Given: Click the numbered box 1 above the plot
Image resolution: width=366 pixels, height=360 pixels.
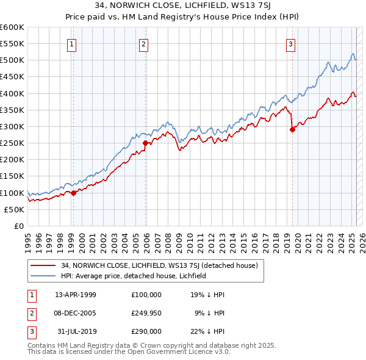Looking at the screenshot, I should click(72, 44).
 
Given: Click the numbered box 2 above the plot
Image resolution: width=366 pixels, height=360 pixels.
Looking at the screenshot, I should click(143, 44).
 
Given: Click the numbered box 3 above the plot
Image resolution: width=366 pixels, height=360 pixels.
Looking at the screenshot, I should click(290, 44).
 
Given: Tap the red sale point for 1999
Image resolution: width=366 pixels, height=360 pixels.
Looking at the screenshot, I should click(73, 193).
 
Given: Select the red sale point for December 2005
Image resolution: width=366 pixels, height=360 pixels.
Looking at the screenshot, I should click(145, 143).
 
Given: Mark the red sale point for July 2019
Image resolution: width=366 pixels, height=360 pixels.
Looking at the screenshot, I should click(292, 129).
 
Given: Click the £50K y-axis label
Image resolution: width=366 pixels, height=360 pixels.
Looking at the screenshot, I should click(15, 209).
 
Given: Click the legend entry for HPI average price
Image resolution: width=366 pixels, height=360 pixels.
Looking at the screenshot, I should click(134, 276).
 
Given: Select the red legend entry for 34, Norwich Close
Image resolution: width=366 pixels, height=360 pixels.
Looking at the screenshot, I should click(160, 265).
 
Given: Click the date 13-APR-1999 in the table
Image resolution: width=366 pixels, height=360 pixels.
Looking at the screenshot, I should click(76, 295).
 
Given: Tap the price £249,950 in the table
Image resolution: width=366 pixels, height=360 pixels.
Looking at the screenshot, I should click(146, 313).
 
